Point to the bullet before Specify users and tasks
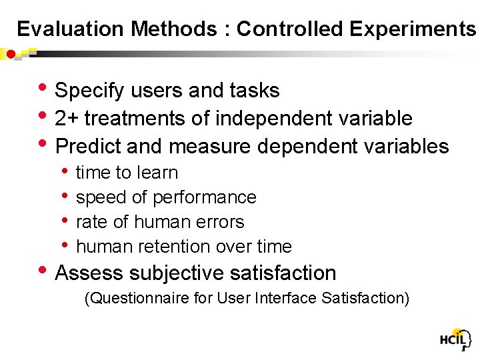coord(44,89)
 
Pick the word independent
coord(265,119)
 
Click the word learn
coord(158,173)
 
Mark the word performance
coord(205,197)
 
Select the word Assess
coord(86,273)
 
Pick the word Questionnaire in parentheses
coord(137,298)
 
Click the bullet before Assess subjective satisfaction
coord(44,271)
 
